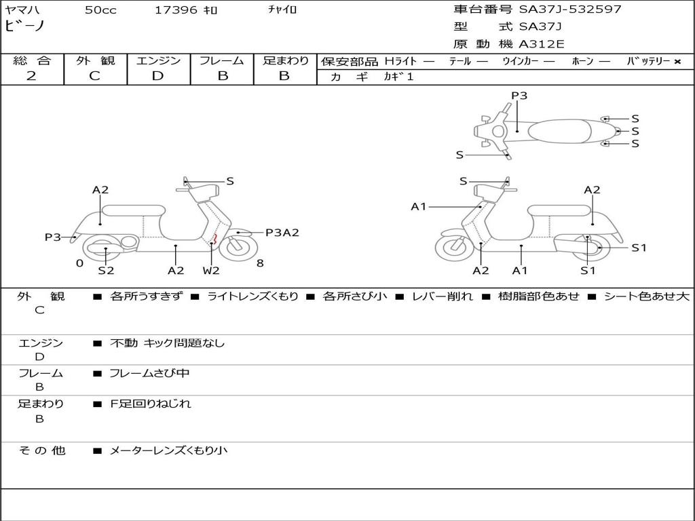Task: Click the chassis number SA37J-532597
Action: tap(570, 9)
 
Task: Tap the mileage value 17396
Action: tap(176, 10)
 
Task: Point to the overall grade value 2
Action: tap(31, 76)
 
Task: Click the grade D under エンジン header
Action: tap(158, 76)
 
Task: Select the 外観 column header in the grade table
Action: tap(95, 60)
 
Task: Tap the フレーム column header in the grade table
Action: tap(222, 60)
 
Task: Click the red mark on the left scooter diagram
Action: tap(215, 237)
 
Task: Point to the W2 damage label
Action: tap(211, 271)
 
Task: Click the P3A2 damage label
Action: tap(282, 233)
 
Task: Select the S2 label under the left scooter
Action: tap(106, 271)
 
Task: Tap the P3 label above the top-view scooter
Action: tap(519, 96)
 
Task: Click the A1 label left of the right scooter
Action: tap(419, 207)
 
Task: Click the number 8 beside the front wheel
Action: tap(260, 263)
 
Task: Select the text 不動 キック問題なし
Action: tap(167, 343)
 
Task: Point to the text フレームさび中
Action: tap(149, 373)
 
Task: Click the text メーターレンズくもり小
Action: tap(168, 450)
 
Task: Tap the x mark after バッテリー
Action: tap(677, 61)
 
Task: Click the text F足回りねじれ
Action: tap(151, 404)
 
